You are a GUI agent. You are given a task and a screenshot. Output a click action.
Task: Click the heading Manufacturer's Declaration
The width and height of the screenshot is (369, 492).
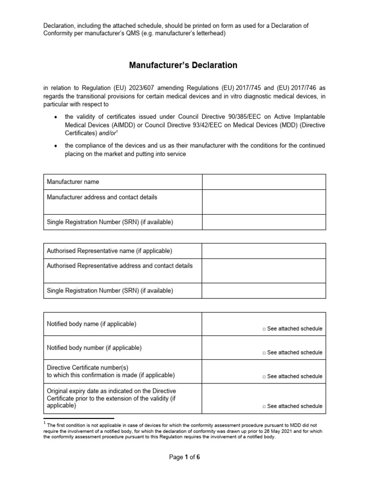click(x=183, y=65)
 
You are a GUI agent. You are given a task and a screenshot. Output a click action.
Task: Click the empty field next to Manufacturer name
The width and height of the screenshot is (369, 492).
click(x=264, y=182)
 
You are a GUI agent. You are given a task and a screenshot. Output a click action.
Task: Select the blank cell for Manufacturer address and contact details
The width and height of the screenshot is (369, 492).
click(x=264, y=202)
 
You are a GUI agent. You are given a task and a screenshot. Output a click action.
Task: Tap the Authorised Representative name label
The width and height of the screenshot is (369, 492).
click(x=109, y=251)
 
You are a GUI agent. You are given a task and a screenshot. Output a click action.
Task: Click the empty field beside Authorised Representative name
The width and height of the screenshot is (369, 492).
click(x=264, y=251)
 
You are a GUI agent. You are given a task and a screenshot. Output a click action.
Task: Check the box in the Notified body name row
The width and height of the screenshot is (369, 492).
click(x=264, y=329)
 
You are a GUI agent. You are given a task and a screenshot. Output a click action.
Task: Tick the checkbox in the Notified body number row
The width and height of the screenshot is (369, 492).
click(x=264, y=353)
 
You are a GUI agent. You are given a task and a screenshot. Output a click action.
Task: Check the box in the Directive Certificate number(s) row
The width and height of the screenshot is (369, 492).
click(x=264, y=377)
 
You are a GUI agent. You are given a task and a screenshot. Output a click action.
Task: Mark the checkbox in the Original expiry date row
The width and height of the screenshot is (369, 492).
click(x=264, y=406)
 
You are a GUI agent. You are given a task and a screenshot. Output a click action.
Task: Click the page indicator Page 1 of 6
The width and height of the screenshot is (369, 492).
click(x=184, y=457)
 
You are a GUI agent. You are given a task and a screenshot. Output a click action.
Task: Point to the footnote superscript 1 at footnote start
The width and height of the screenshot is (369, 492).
click(x=44, y=423)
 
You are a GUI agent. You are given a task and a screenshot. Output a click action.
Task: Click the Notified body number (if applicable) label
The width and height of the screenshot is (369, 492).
click(x=94, y=347)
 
